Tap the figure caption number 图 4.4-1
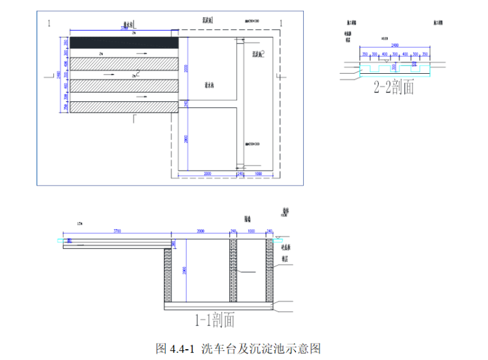point(175,349)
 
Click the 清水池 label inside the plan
point(208,84)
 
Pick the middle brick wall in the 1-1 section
point(232,270)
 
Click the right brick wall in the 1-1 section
point(270,270)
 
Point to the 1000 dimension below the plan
point(259,174)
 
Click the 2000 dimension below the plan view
point(207,174)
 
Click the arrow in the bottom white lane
point(141,97)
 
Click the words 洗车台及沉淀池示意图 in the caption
point(260,349)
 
